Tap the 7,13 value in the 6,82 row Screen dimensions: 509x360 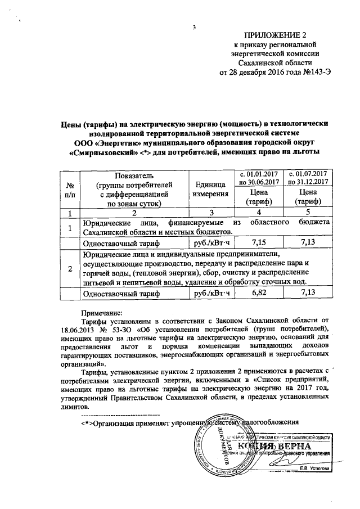pyautogui.click(x=308, y=293)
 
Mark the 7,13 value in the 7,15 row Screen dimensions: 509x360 pyautogui.click(x=308, y=242)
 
